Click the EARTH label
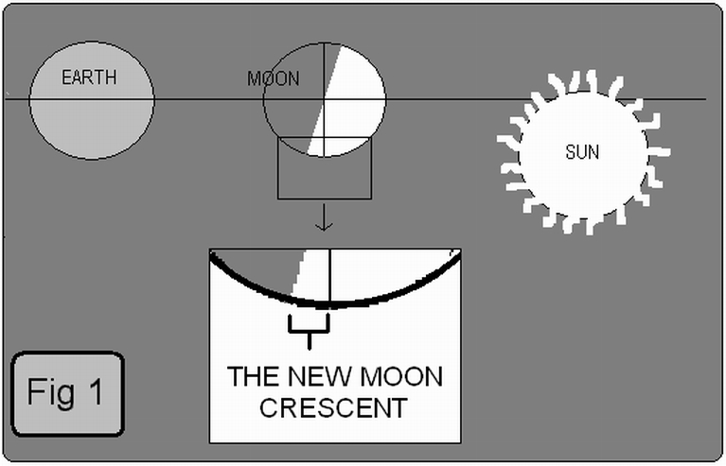(90, 77)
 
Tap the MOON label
(273, 79)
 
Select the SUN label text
(581, 151)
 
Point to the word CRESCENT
(332, 408)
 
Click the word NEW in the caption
(314, 377)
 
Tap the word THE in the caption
(253, 377)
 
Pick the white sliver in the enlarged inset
(301, 275)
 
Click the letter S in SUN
(570, 151)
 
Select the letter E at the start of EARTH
(66, 77)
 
